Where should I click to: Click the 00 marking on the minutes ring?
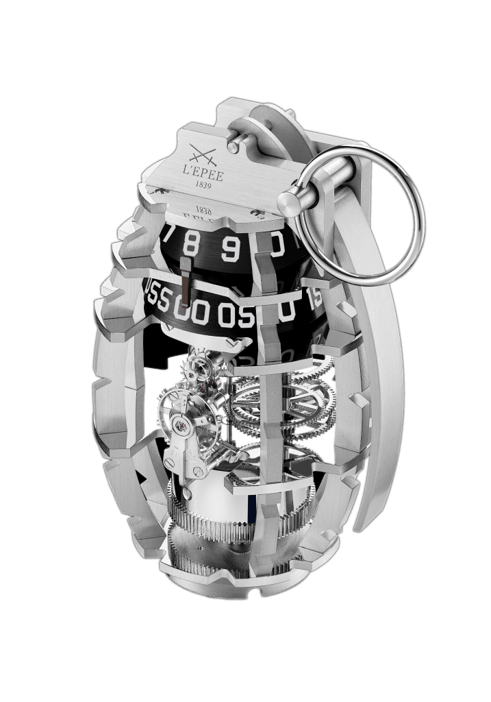(192, 313)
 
